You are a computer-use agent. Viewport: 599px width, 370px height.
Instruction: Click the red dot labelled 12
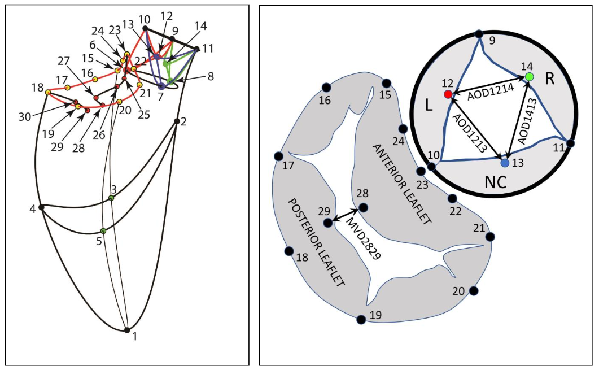click(x=448, y=94)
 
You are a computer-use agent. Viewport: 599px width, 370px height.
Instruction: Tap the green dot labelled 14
click(x=529, y=76)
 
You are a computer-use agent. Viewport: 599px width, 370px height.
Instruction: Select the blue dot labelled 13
click(x=505, y=163)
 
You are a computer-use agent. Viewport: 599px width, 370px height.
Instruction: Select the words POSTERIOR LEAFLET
click(x=316, y=243)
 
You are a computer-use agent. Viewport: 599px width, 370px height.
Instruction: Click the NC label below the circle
click(x=495, y=182)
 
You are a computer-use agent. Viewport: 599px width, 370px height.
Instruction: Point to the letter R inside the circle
click(x=550, y=79)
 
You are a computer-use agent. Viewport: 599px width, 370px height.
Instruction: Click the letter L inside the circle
click(x=429, y=107)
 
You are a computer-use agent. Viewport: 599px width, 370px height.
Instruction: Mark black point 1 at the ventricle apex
click(x=127, y=330)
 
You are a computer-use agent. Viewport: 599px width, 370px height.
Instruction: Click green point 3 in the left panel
click(x=111, y=198)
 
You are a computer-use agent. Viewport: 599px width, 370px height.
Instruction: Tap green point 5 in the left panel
click(x=103, y=231)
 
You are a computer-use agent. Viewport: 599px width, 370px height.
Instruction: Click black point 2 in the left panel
click(x=177, y=121)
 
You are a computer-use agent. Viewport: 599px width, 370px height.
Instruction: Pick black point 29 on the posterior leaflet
click(x=328, y=223)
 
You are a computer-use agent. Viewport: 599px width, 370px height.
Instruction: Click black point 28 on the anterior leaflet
click(x=363, y=207)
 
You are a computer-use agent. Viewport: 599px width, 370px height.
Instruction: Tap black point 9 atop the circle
click(x=479, y=34)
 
